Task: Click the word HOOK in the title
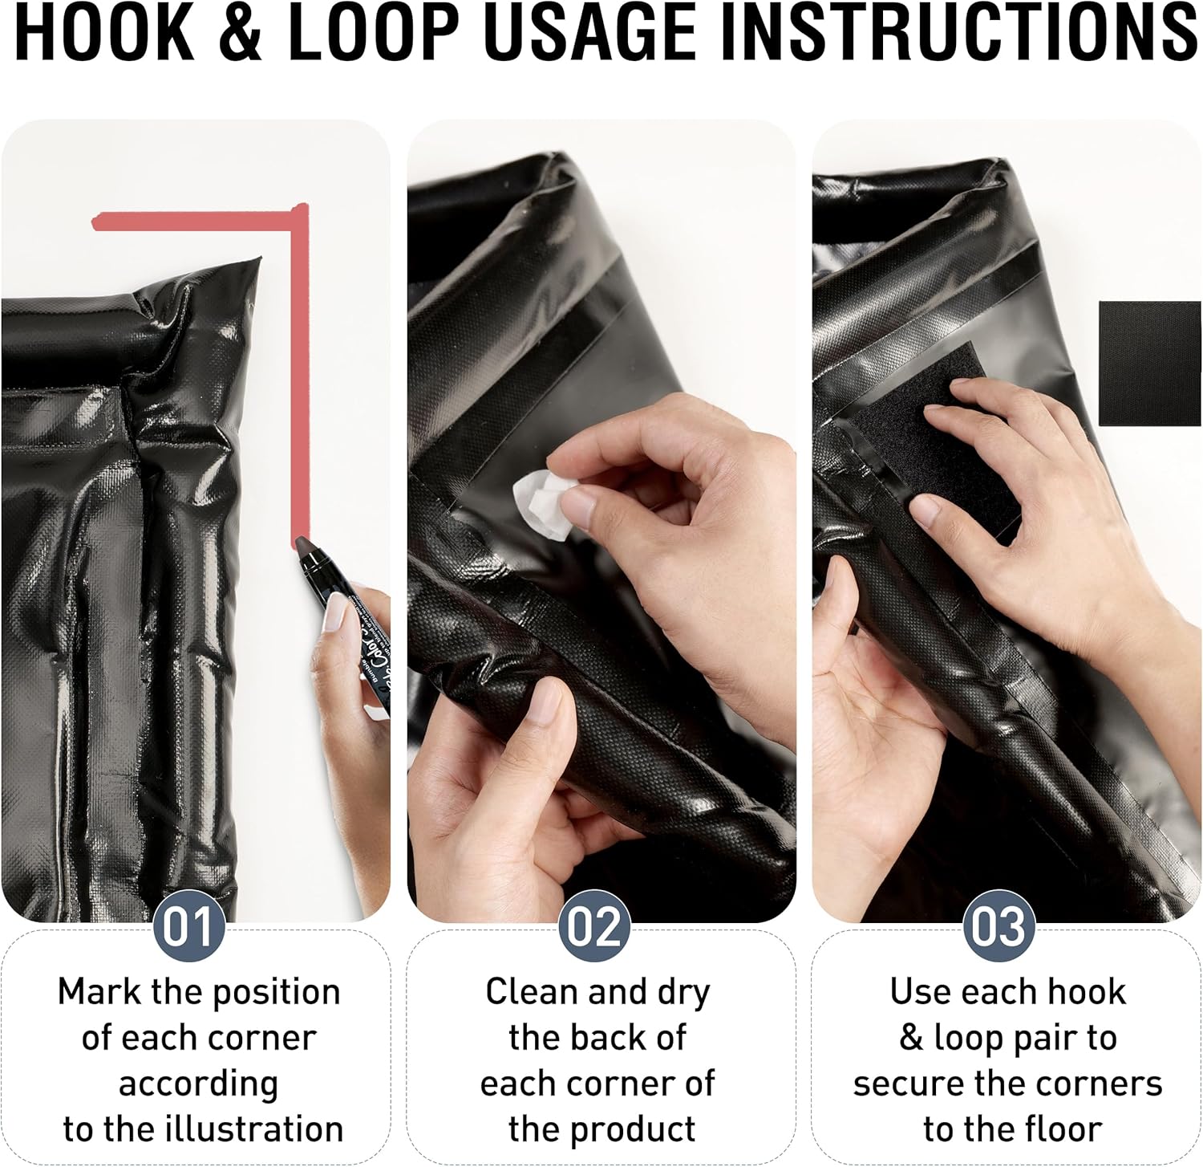[104, 33]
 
